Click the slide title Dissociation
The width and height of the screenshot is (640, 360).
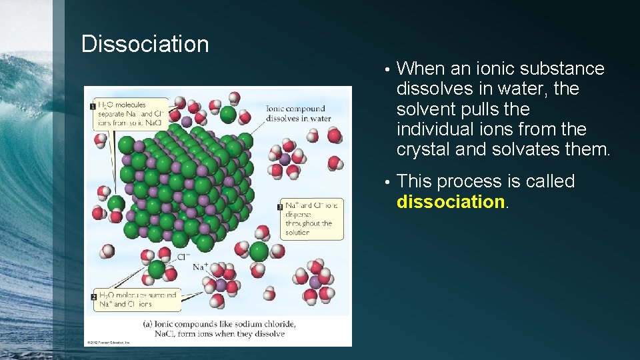point(145,45)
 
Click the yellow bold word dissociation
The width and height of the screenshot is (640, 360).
point(451,202)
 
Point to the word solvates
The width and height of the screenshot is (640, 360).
point(525,149)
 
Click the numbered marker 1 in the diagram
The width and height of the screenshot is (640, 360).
point(93,106)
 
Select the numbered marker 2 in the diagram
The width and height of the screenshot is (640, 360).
point(93,295)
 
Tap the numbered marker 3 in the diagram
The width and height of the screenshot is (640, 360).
point(281,207)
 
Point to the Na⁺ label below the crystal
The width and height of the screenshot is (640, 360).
point(201,267)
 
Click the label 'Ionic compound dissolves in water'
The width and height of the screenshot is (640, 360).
point(298,113)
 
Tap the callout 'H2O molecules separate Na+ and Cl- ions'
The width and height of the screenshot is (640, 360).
point(132,113)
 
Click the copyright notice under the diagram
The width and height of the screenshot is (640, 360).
point(109,343)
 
